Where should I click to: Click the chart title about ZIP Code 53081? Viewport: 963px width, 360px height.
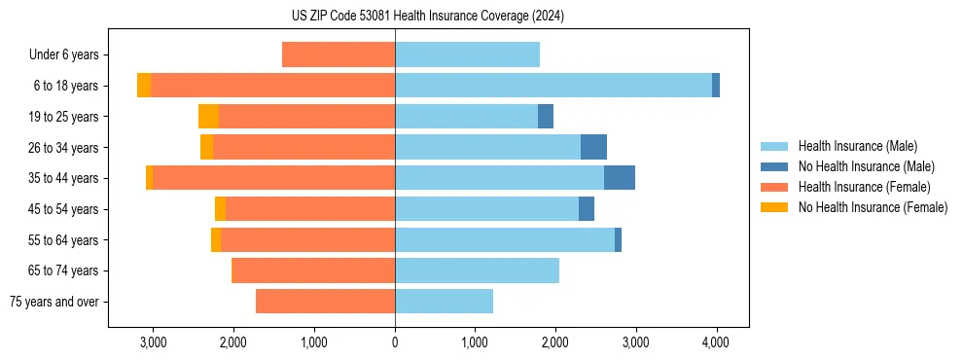tap(481, 17)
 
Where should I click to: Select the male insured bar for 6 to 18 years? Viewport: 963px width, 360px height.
tap(553, 86)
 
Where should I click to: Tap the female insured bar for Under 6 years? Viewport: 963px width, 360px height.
tap(339, 54)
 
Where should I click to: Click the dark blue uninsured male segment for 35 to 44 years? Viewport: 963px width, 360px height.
tap(620, 178)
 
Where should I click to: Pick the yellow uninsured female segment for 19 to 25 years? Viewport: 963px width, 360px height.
tap(208, 117)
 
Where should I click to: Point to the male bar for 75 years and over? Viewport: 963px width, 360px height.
tap(444, 302)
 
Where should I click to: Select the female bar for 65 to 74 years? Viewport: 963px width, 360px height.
tap(313, 270)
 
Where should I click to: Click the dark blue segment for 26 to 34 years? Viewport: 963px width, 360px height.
tap(593, 147)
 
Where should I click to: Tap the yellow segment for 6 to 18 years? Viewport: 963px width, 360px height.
tap(144, 86)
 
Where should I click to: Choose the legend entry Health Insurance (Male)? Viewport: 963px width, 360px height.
tap(857, 146)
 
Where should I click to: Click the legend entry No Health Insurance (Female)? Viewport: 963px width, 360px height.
tap(873, 207)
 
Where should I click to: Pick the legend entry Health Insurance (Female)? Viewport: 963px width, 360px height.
tap(864, 187)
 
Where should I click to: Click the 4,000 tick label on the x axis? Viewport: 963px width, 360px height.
tap(716, 342)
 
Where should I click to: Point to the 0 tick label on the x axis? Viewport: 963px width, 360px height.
tap(395, 342)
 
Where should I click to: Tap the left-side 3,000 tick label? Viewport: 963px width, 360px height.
tap(154, 342)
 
